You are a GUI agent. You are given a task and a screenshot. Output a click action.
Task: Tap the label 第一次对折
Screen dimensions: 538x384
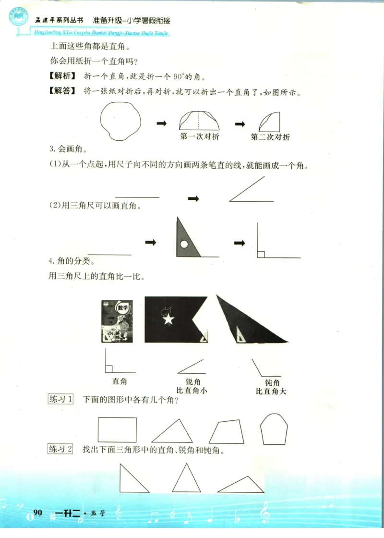[200, 137]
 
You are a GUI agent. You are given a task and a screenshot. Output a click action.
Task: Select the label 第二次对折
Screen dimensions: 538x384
[270, 137]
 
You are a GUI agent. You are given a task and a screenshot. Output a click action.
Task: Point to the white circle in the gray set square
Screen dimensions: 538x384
[184, 245]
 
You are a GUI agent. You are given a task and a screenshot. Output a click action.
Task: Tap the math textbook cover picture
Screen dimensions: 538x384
[117, 320]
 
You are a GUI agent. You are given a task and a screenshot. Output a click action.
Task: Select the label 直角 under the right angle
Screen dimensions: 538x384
[120, 381]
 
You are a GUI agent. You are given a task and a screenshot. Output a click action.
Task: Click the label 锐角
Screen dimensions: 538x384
[192, 382]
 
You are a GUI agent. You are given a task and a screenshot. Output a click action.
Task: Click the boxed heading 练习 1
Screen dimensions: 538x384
[60, 399]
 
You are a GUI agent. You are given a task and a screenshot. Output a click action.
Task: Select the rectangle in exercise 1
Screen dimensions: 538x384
[117, 429]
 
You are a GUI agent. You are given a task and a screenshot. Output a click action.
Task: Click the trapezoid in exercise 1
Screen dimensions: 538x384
[228, 431]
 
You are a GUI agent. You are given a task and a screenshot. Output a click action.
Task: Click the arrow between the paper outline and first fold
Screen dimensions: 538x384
[162, 124]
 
